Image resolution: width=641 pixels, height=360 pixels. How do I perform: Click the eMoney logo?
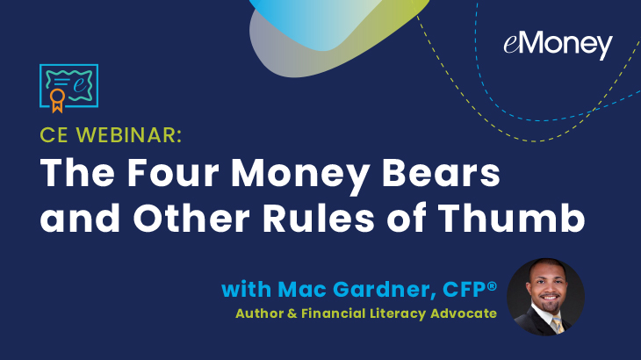558,45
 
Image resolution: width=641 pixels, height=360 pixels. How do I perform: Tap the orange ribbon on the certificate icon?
57,100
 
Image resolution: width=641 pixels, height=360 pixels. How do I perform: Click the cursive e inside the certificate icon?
81,83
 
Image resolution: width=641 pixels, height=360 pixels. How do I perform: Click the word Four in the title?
173,173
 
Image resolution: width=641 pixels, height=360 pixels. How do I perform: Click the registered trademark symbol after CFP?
492,286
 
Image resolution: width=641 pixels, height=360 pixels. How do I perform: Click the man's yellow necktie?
558,325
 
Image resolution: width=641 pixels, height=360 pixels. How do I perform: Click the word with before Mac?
246,290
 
